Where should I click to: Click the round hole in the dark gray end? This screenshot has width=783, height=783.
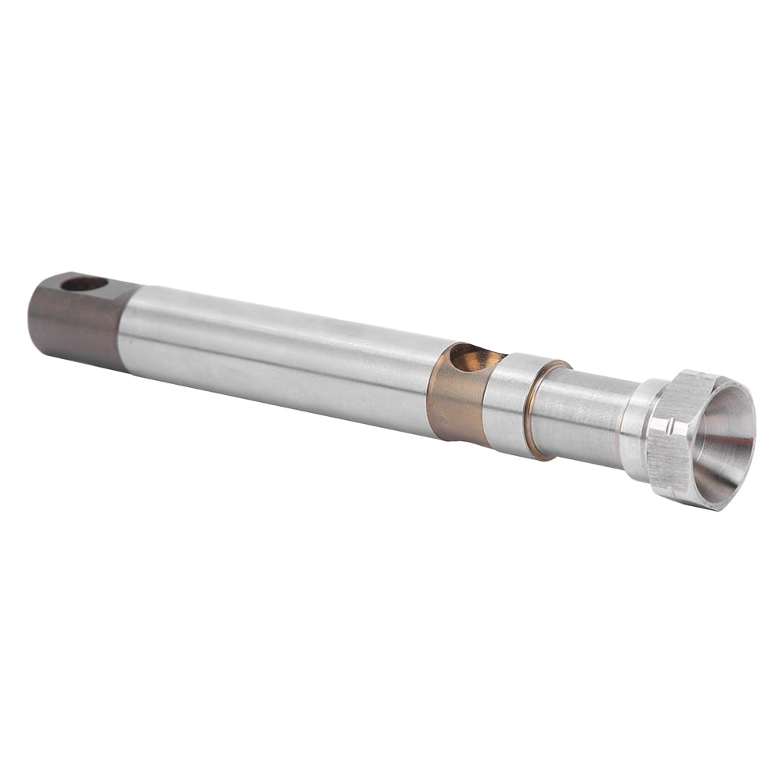click(x=84, y=283)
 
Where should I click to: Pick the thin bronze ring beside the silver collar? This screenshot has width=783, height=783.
click(x=531, y=411)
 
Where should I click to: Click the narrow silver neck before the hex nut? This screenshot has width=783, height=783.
click(x=583, y=418)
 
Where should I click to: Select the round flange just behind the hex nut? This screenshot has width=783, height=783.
click(x=635, y=430)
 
